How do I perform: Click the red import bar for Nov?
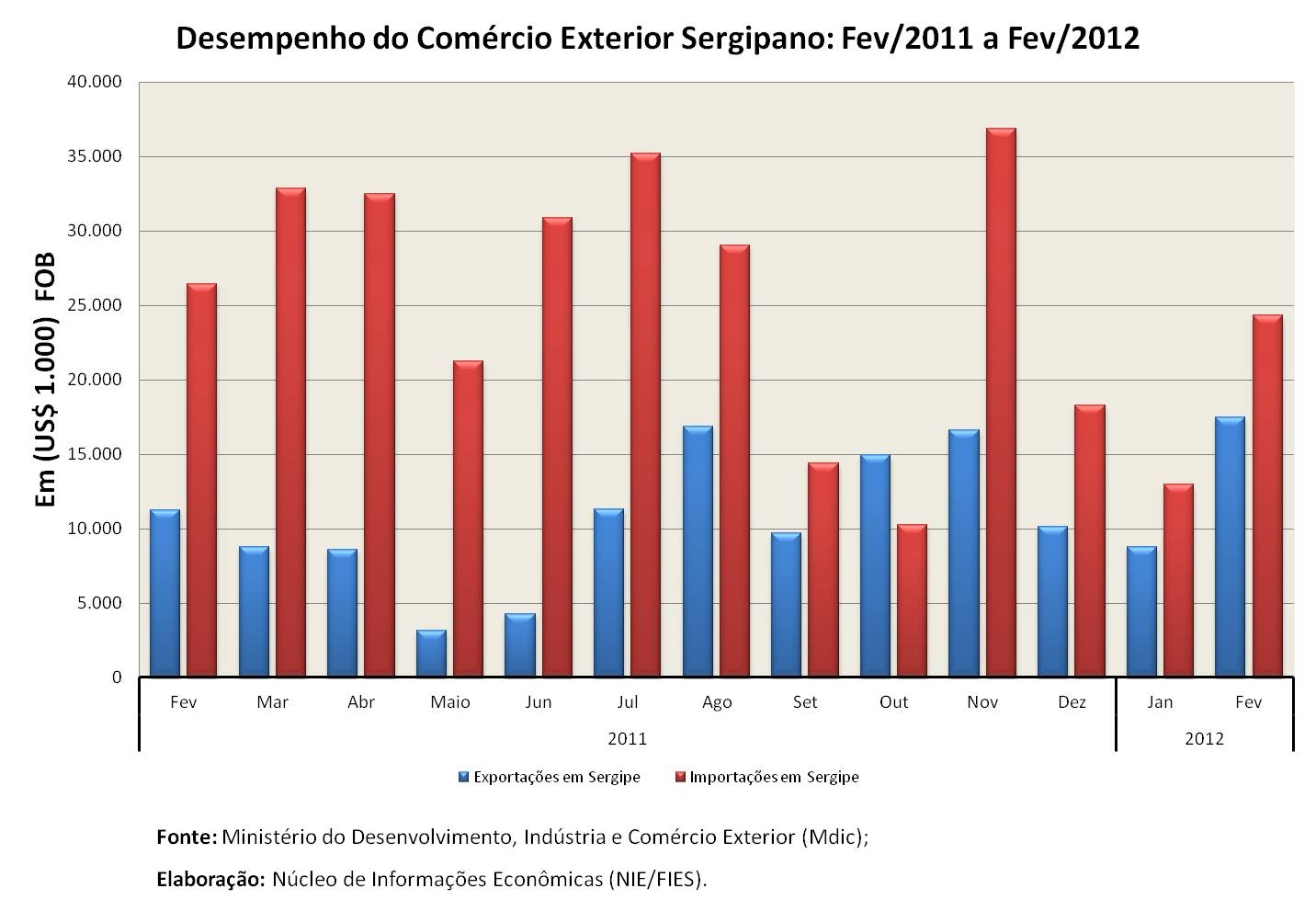point(1001,402)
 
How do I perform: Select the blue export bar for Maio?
point(431,653)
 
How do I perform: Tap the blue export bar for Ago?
point(698,552)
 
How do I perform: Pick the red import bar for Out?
point(912,600)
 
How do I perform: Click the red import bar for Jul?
point(646,415)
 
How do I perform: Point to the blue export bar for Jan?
point(1141,611)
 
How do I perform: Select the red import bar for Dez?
point(1090,541)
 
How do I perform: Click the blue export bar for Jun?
point(520,644)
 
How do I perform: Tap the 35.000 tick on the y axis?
point(95,156)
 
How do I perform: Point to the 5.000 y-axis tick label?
point(99,603)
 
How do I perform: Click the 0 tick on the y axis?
point(117,678)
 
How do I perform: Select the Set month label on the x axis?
point(805,702)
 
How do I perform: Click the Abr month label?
point(361,702)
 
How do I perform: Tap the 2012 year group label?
point(1205,739)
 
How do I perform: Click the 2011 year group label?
point(628,739)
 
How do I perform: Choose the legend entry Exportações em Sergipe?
point(550,777)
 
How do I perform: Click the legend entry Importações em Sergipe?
point(767,777)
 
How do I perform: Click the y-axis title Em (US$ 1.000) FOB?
point(45,380)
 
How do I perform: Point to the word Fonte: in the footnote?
point(187,837)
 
